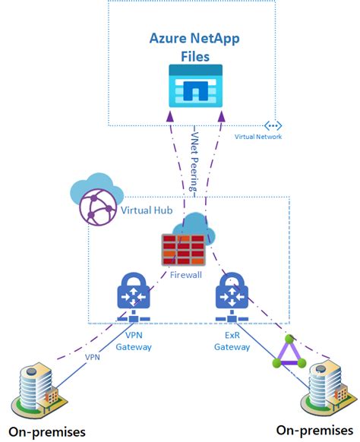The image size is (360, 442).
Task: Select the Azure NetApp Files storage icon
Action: coord(195,85)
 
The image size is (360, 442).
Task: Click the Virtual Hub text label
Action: coord(144,208)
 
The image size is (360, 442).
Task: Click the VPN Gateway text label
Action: coord(133,341)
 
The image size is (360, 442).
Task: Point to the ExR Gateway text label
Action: coord(232,341)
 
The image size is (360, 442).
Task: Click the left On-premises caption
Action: coord(48,432)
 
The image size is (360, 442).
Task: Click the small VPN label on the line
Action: coord(91,356)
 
